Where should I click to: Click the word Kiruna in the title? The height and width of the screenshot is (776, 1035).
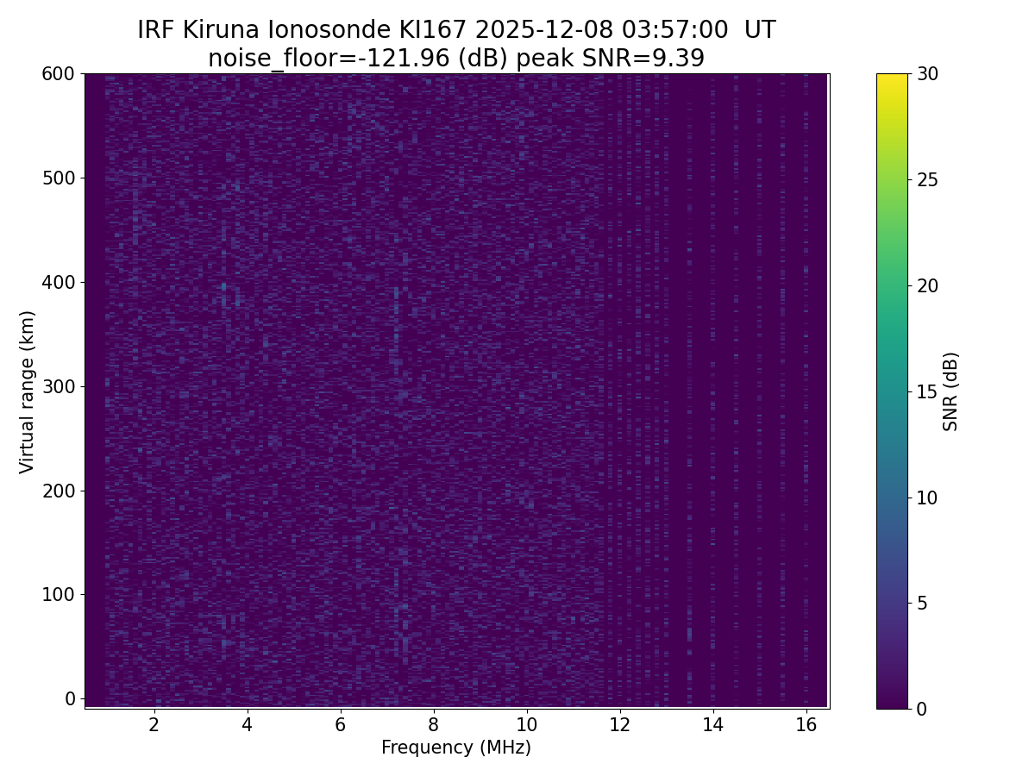click(x=221, y=30)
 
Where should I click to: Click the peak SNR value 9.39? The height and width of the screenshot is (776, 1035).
click(x=679, y=59)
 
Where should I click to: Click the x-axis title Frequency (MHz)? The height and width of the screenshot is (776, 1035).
click(x=456, y=748)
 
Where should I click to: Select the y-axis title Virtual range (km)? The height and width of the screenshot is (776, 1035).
click(x=28, y=391)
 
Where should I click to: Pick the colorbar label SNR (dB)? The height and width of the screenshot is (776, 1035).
click(x=950, y=391)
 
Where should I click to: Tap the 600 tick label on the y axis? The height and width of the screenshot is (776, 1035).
click(x=59, y=74)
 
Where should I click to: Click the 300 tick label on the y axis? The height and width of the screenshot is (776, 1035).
click(x=59, y=386)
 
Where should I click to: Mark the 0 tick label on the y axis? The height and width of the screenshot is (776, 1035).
click(x=71, y=698)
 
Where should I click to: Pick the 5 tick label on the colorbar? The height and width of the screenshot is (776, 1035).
click(x=921, y=603)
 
